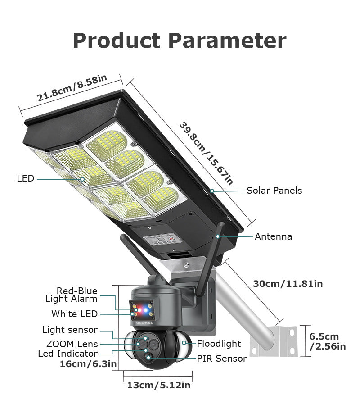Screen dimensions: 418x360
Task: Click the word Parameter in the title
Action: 227,41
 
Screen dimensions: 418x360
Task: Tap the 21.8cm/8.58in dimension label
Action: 72,88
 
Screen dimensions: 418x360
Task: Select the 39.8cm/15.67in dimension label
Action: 206,153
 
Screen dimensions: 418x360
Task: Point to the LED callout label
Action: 26,179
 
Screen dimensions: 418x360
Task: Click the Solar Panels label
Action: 274,191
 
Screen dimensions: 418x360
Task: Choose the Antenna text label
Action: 273,236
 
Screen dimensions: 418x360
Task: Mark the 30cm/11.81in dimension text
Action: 288,284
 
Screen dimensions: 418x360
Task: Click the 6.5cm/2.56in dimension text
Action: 327,341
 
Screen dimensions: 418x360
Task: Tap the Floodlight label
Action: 219,344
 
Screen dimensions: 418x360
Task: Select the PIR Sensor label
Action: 221,359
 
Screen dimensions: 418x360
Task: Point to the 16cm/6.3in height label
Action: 88,364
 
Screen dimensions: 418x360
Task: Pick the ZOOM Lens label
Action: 72,344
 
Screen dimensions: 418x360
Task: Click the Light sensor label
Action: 70,330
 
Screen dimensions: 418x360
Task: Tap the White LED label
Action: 74,314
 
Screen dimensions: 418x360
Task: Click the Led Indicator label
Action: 67,354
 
